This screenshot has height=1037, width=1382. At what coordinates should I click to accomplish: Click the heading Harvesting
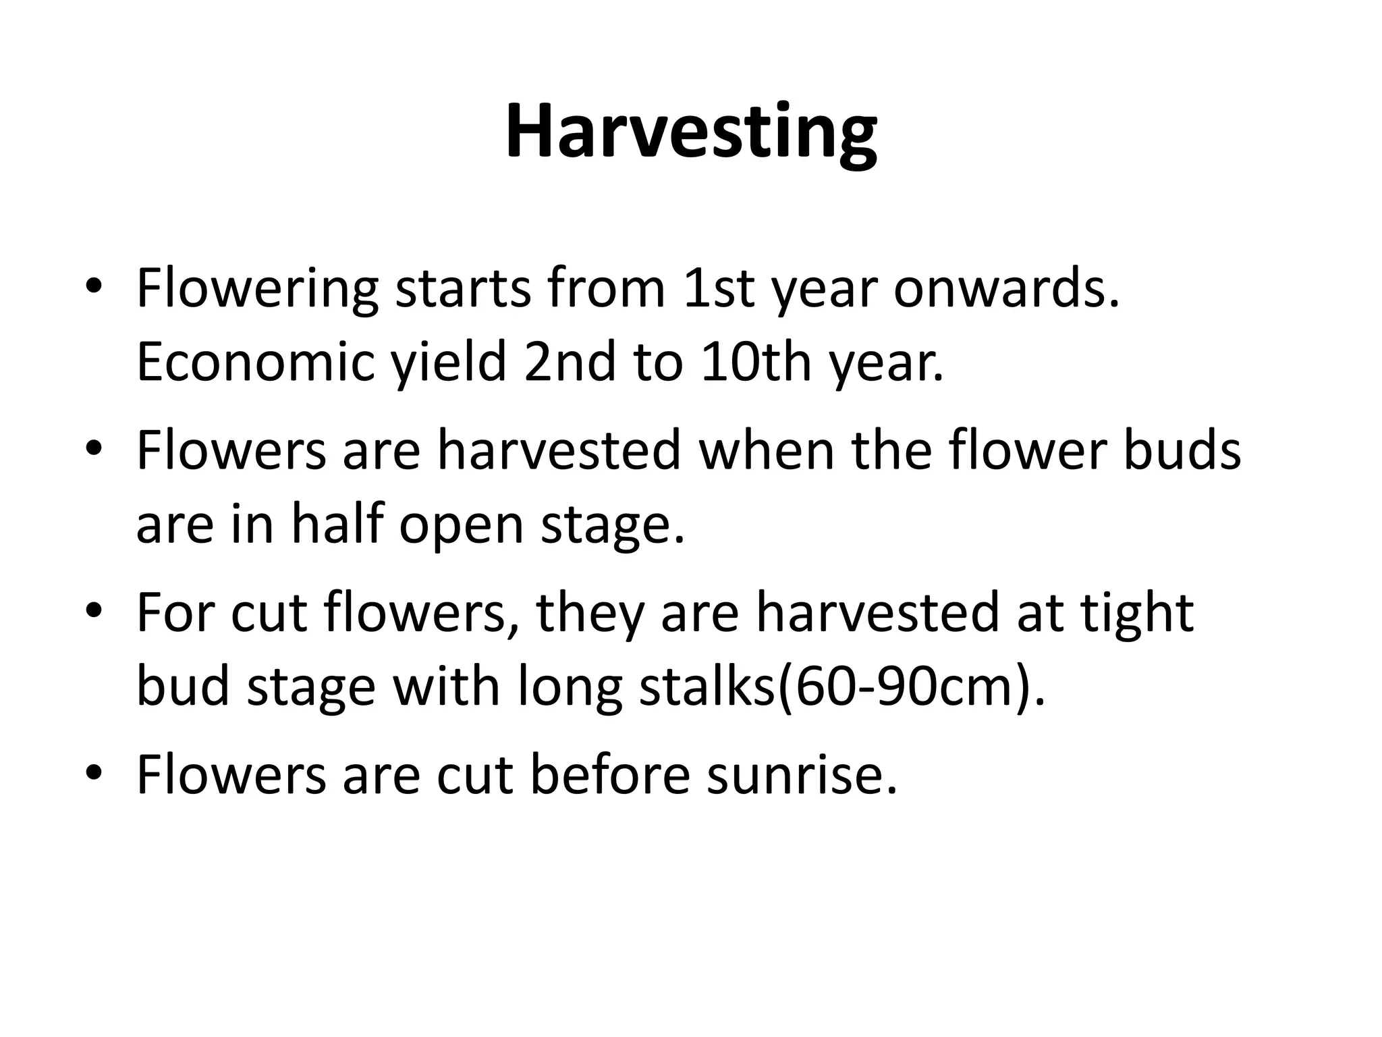691,132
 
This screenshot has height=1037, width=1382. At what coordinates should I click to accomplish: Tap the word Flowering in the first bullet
257,289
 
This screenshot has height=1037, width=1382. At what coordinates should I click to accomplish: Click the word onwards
1006,289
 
